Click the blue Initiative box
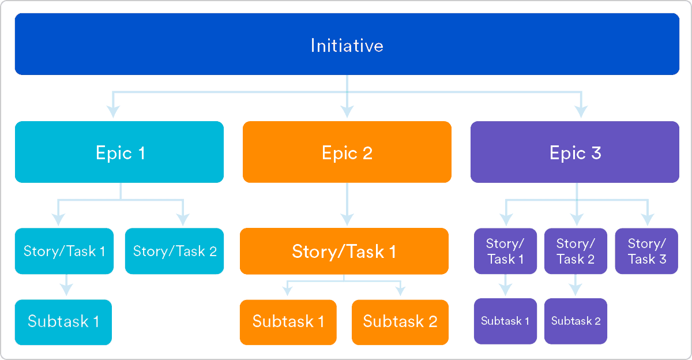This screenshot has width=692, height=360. point(347,44)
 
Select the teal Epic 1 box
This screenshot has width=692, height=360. point(119,152)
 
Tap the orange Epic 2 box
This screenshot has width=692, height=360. point(347,152)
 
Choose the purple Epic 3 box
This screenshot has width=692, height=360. point(575,152)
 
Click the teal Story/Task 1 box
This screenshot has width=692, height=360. point(64,251)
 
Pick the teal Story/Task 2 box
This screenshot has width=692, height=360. point(174,251)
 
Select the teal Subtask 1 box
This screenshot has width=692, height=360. point(63,321)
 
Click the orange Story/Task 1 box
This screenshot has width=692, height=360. point(344,251)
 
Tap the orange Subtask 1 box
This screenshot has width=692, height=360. point(288,321)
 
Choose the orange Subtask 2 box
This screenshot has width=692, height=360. point(400,321)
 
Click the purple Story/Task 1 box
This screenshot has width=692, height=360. point(505,251)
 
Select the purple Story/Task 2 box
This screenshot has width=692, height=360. point(576,251)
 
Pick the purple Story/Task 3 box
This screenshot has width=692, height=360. point(646,251)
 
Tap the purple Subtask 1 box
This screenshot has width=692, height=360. point(505,321)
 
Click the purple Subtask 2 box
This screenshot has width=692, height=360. point(576,321)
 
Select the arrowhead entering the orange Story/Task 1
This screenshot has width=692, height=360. point(347,219)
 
